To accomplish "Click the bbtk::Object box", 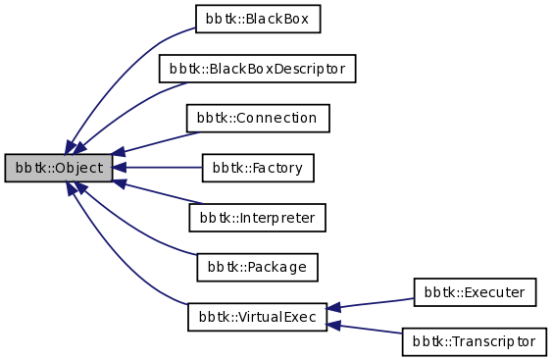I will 58,168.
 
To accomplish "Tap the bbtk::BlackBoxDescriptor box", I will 257,69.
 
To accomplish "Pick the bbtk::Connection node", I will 257,118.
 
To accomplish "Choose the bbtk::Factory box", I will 257,168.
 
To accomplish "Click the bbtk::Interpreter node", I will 257,217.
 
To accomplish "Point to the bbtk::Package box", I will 257,267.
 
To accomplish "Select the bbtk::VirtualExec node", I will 257,317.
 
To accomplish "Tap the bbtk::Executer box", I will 475,291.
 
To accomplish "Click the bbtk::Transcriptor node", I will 475,341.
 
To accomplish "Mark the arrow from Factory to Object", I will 162,168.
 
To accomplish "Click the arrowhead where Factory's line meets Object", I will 119,168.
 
